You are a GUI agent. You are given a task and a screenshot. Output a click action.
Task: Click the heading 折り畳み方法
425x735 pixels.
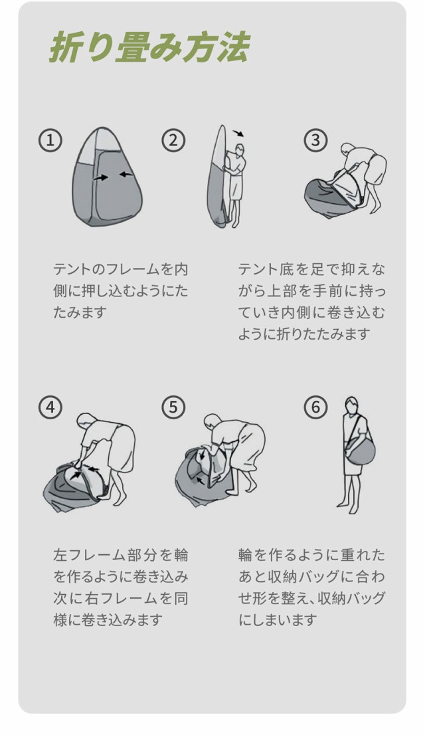pos(149,47)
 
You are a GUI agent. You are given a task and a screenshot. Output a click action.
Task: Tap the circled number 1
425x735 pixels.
pos(50,140)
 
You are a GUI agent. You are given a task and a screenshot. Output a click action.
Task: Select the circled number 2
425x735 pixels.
pos(173,140)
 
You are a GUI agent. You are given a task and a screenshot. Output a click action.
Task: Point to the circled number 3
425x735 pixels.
pos(315,140)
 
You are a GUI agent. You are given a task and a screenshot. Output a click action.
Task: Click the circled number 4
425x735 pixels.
pos(50,407)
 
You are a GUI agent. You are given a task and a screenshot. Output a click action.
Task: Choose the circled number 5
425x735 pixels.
pos(173,407)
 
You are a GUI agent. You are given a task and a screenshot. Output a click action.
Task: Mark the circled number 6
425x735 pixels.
pos(315,407)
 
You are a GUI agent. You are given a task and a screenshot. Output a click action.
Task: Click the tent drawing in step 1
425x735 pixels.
pos(107,177)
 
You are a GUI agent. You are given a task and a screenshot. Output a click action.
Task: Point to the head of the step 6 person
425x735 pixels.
pos(352,405)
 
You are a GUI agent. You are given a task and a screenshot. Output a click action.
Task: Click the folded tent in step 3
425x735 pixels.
pos(333,192)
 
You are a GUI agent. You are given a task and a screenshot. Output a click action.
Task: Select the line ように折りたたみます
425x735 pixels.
pos(305,334)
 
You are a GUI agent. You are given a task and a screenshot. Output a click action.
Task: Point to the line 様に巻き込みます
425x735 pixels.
pos(108,619)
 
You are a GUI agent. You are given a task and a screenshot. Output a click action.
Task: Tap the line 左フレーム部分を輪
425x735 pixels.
pos(120,555)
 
